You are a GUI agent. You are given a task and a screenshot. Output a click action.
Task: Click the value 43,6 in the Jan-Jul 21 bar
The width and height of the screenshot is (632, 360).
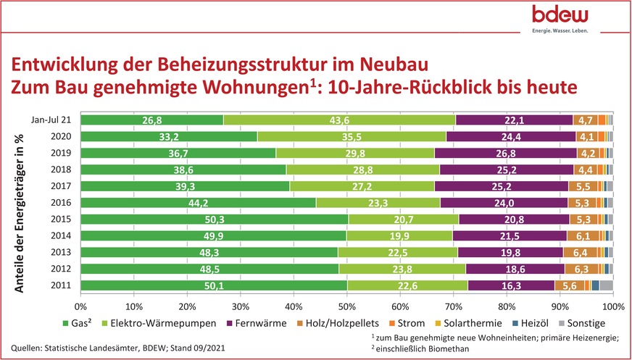[x=340, y=120]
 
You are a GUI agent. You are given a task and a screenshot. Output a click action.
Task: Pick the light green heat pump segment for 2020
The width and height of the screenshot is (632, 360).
[x=351, y=136]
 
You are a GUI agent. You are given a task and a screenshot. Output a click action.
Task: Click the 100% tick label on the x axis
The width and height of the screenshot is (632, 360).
[x=612, y=306]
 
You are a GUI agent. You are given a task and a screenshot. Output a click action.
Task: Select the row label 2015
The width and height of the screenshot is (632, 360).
[x=61, y=219]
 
